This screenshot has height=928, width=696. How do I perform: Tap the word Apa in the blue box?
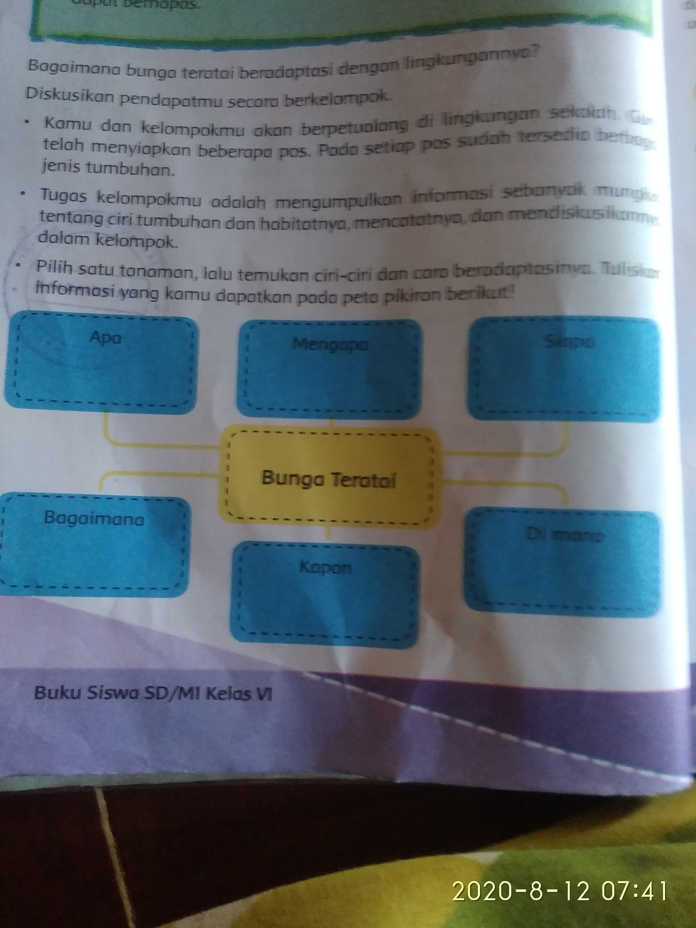[x=106, y=338]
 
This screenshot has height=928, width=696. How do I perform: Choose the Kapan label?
[x=325, y=568]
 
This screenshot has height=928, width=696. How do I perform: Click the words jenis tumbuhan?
[x=107, y=169]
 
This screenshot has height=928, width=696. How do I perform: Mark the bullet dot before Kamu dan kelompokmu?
[x=28, y=123]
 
